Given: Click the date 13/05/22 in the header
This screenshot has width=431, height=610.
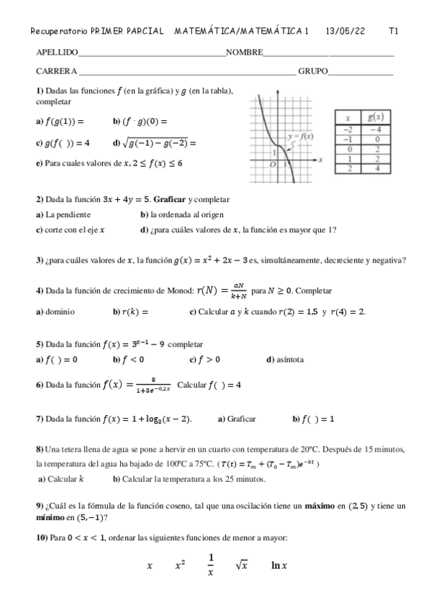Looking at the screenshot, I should click(x=345, y=31).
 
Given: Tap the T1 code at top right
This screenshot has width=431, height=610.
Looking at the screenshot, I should click(x=394, y=31).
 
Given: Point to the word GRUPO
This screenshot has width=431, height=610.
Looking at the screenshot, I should click(x=313, y=70).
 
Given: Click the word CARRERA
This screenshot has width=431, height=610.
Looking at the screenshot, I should click(x=56, y=70).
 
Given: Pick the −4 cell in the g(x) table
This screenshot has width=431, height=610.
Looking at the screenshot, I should click(x=375, y=129).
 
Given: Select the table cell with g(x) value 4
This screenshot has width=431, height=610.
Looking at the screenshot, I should click(x=375, y=168).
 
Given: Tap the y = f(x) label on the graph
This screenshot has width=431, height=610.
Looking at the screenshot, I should click(x=300, y=136).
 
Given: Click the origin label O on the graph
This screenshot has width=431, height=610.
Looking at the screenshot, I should click(x=272, y=165).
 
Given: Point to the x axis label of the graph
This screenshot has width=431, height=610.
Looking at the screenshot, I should click(x=319, y=158).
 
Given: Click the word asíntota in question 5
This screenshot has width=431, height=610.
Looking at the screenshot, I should click(x=293, y=359).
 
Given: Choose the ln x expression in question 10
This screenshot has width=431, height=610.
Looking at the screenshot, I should click(x=279, y=565).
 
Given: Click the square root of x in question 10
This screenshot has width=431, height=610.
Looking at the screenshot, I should click(x=242, y=565).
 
